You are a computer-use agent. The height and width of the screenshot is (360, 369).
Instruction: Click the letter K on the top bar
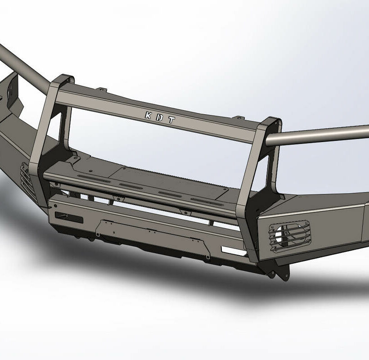[x=148, y=115]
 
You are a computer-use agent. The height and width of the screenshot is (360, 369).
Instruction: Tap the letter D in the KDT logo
[x=160, y=117]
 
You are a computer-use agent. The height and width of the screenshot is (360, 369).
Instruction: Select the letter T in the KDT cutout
[x=171, y=120]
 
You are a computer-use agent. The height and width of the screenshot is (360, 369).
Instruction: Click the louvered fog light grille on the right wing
[x=290, y=235]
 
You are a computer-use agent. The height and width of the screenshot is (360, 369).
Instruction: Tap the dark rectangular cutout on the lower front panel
[x=69, y=218]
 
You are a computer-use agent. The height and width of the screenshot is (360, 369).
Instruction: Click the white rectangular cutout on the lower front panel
[x=234, y=251]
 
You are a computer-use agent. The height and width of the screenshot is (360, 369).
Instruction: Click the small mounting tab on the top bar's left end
[x=101, y=90]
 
